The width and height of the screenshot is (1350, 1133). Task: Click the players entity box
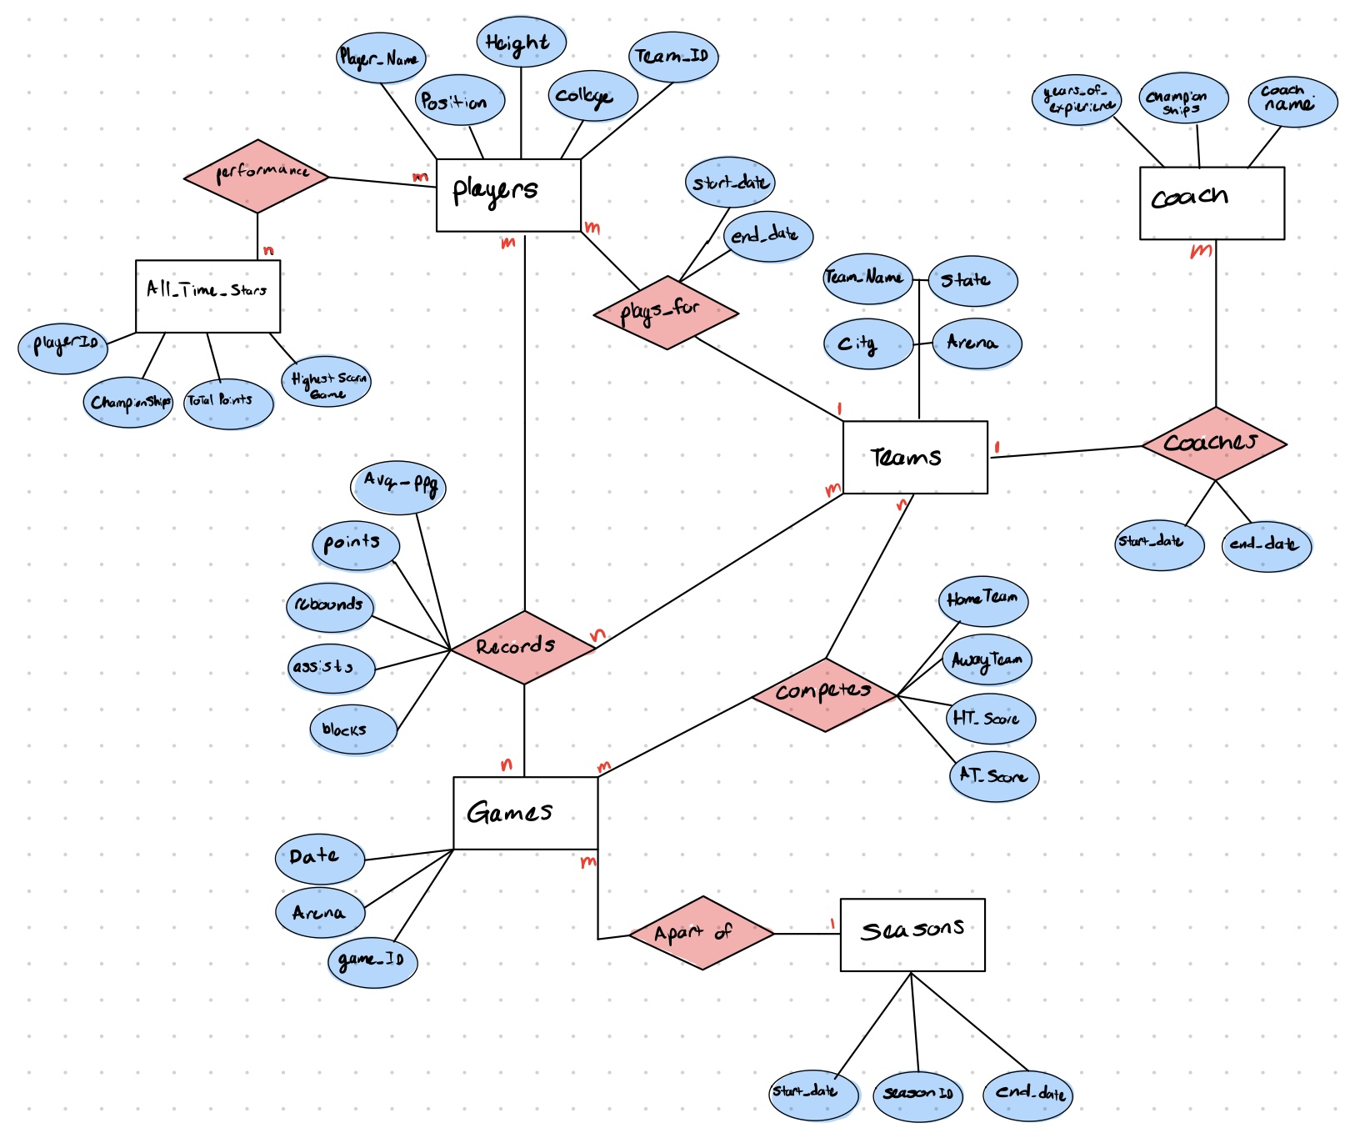tap(508, 195)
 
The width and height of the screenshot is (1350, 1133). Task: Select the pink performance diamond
tap(257, 176)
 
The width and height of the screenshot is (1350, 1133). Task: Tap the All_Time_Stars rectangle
tap(207, 296)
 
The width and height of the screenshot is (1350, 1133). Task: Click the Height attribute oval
tap(521, 42)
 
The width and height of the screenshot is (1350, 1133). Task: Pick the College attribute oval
tap(592, 96)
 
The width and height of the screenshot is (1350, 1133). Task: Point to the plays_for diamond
tap(666, 313)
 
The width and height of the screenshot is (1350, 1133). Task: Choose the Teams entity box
tap(915, 457)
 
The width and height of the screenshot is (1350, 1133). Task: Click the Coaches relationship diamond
tap(1214, 443)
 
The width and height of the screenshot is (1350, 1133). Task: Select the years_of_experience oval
tap(1077, 100)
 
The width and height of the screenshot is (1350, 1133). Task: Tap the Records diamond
tap(523, 647)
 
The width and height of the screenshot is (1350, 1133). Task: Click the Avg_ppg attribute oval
tap(399, 487)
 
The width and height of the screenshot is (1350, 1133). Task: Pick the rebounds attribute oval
tap(330, 606)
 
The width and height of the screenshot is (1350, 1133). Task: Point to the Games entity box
tap(525, 813)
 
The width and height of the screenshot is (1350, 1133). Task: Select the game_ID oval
tap(372, 962)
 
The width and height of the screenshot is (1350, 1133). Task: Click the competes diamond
tap(824, 694)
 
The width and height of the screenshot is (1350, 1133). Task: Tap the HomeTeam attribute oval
tap(983, 600)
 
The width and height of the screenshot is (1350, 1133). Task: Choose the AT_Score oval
tap(993, 776)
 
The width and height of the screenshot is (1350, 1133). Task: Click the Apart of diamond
tap(702, 933)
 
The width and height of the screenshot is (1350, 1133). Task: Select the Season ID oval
tap(918, 1094)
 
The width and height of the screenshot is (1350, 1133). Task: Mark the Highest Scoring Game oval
tap(327, 382)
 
